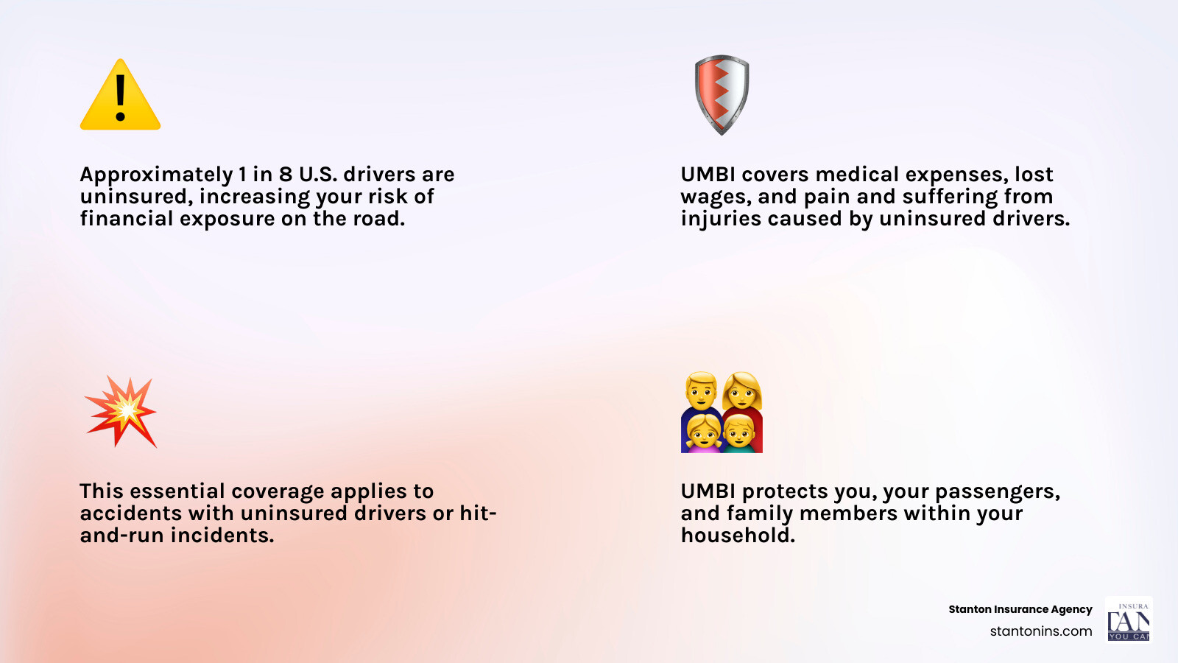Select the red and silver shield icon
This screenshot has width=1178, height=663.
(722, 94)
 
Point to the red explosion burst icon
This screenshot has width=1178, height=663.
(121, 411)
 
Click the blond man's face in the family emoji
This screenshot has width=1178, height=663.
(700, 391)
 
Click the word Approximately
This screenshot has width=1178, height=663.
(156, 175)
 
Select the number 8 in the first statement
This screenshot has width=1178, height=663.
(286, 175)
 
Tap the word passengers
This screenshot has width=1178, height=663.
(997, 492)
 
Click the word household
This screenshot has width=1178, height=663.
(738, 536)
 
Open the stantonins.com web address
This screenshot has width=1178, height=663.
(1040, 631)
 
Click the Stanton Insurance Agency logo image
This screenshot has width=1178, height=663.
(1128, 619)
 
